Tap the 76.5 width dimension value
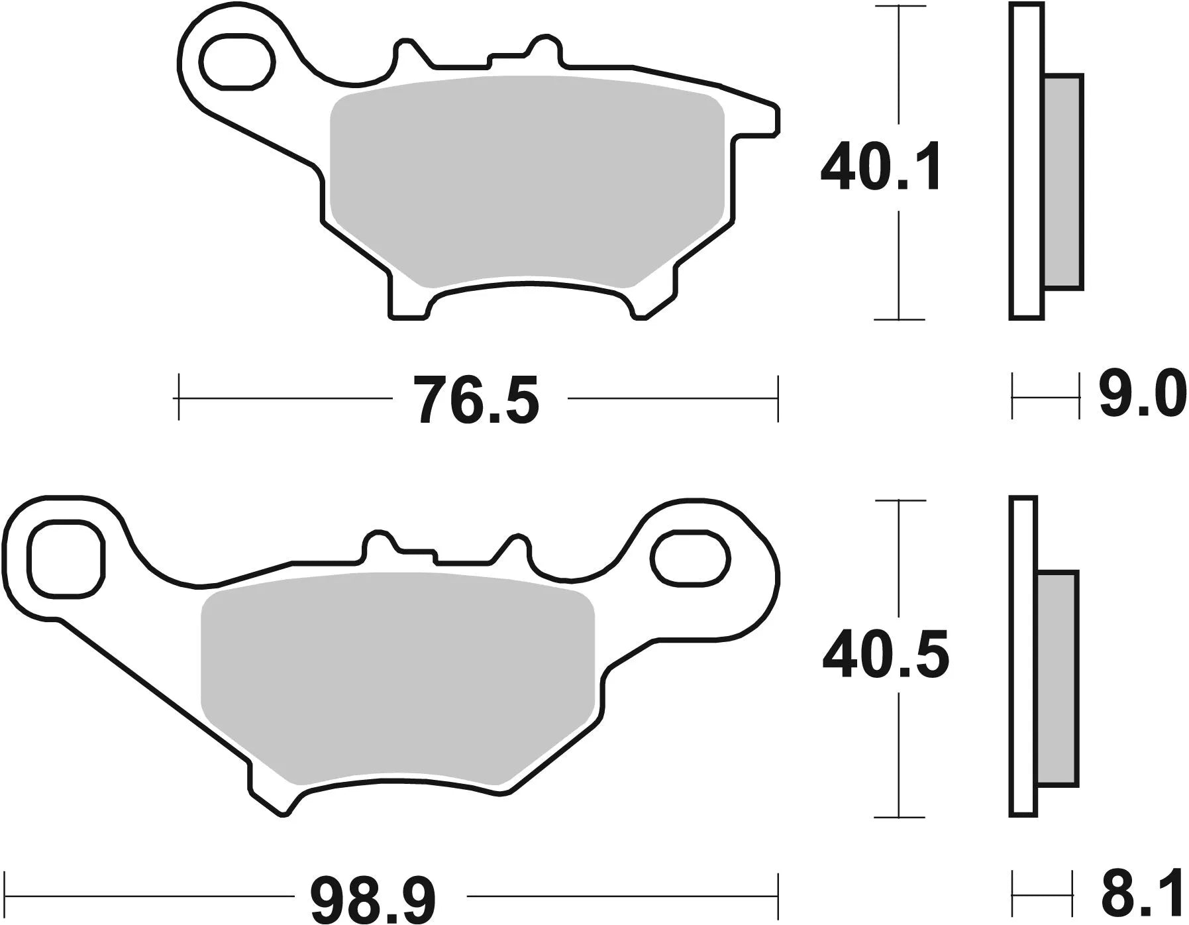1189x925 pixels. (477, 400)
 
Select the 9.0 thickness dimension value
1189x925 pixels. (1141, 396)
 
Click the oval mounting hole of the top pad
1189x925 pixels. (238, 62)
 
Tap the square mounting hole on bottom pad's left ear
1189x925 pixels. (66, 558)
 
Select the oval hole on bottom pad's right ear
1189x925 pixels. (690, 558)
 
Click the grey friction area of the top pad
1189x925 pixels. (527, 179)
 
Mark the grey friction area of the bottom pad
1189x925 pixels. (397, 676)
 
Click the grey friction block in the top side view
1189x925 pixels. (1063, 182)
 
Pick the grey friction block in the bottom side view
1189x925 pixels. (1057, 678)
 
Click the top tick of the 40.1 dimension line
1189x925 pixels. (899, 7)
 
